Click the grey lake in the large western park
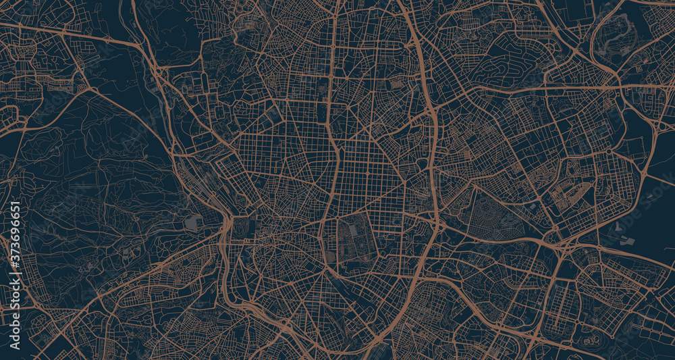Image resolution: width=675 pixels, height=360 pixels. (192, 223)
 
